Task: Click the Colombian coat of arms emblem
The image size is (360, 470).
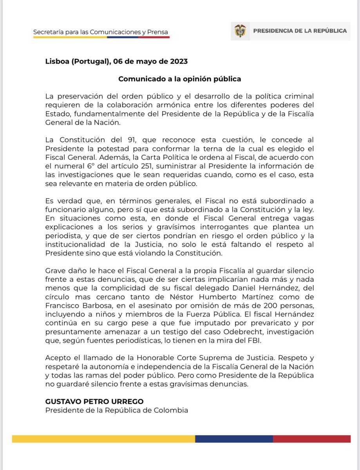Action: [240, 31]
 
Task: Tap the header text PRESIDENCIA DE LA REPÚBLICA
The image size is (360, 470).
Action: [300, 31]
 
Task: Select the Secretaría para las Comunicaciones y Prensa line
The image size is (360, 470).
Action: [101, 31]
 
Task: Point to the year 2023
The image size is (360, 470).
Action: [178, 61]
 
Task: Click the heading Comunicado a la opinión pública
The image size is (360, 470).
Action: [180, 79]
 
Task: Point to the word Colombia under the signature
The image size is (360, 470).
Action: [172, 410]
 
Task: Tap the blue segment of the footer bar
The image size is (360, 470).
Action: [234, 439]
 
